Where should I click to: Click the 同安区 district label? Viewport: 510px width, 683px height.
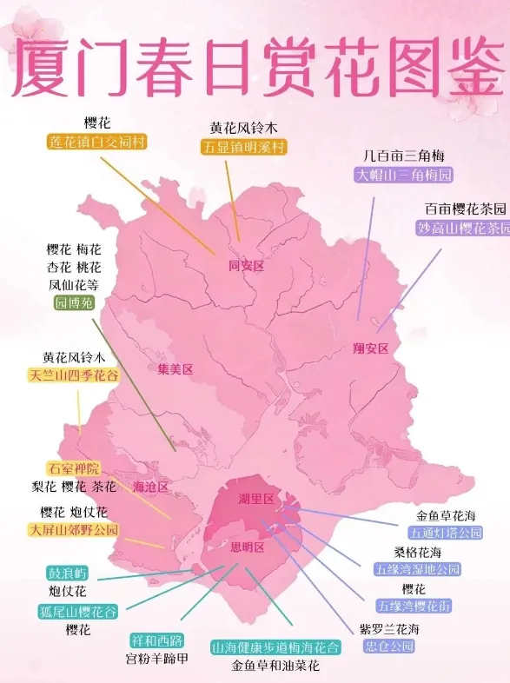tap(245, 266)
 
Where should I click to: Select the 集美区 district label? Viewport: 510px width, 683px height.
tap(175, 368)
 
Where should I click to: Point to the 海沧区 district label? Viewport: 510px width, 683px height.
tap(150, 487)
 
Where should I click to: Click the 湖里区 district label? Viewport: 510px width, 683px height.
tap(256, 499)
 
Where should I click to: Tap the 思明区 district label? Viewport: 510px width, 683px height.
tap(246, 547)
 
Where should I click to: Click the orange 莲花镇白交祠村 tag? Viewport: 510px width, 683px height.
tap(98, 143)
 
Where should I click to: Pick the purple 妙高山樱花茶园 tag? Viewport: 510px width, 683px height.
tap(462, 229)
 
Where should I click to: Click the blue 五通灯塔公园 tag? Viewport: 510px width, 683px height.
tap(447, 533)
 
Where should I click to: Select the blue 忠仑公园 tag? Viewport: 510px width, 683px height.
tap(389, 647)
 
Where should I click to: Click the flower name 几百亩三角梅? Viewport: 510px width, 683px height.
tap(404, 156)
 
